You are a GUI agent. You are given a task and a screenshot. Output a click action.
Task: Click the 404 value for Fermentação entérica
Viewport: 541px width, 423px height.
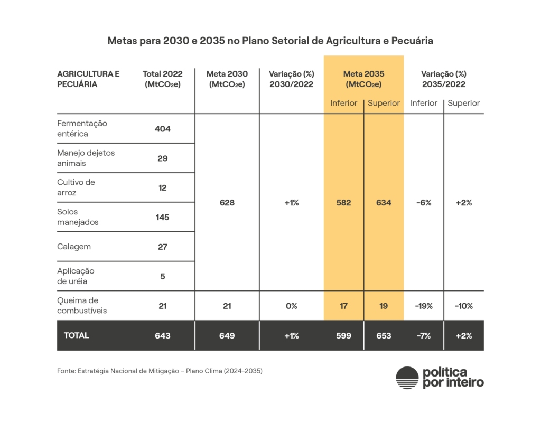(163, 129)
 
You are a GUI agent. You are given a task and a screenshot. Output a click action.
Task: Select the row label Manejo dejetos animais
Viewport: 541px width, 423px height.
(86, 158)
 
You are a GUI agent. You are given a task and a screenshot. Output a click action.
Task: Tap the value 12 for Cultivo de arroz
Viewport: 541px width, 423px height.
(163, 188)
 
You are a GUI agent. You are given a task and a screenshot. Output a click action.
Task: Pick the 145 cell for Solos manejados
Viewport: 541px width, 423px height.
(163, 217)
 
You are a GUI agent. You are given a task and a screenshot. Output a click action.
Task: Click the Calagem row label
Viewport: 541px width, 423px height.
(74, 247)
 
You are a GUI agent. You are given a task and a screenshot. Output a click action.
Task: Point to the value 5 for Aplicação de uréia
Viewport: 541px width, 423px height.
(163, 276)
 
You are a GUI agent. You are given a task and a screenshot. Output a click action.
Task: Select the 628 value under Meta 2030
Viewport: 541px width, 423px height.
(227, 203)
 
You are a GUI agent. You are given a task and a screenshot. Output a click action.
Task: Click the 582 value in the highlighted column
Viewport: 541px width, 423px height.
(343, 203)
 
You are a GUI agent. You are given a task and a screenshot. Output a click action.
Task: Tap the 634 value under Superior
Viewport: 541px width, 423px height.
(384, 203)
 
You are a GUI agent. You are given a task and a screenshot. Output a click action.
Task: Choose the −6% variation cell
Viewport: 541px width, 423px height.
(424, 203)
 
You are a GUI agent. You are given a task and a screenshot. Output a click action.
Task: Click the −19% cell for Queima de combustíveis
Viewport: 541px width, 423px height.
(424, 306)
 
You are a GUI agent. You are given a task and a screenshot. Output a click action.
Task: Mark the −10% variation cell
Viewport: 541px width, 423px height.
(463, 306)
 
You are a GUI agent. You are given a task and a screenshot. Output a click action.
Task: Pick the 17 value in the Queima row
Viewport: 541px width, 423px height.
(343, 306)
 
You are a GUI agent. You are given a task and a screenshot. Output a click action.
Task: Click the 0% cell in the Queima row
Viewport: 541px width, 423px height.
(291, 306)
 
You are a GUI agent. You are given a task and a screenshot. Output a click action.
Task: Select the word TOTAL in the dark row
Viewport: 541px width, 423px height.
(77, 335)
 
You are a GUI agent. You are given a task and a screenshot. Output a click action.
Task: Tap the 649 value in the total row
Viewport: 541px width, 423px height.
(227, 335)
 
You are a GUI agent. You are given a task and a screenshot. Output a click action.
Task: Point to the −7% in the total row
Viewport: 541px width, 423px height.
(424, 335)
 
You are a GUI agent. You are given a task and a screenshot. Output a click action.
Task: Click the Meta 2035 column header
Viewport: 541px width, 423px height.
(363, 79)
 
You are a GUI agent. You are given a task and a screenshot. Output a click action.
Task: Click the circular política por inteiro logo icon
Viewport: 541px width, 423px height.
(407, 378)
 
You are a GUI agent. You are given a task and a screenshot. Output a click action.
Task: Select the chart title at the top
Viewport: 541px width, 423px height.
(270, 41)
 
